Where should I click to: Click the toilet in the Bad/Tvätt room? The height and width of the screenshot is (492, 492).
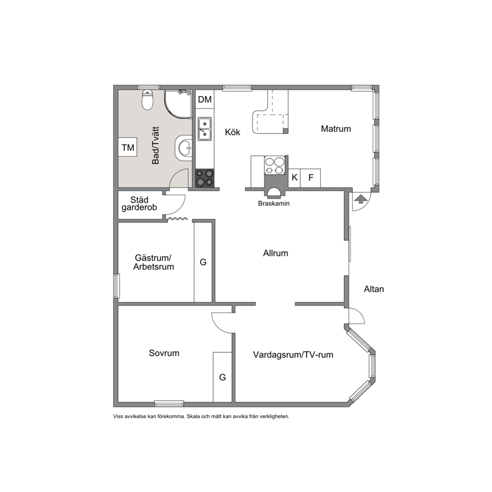tap(147, 100)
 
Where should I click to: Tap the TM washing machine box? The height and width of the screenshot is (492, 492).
tap(127, 147)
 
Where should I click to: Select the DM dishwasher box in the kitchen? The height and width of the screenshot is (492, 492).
tap(205, 100)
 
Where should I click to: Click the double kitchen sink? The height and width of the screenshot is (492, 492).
tap(204, 129)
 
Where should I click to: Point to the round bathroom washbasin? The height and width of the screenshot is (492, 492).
tap(184, 148)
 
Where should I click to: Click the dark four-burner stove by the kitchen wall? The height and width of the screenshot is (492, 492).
tap(204, 178)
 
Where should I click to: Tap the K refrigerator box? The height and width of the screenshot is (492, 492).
tap(294, 178)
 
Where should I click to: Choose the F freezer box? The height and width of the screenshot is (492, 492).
tap(310, 178)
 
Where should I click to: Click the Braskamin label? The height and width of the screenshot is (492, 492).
tap(274, 203)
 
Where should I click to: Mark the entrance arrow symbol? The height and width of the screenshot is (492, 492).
tap(361, 199)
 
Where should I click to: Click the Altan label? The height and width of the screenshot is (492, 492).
tap(373, 289)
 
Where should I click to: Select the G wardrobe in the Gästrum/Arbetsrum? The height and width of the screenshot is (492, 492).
tap(203, 262)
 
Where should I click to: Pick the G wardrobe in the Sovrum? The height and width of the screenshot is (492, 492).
tap(223, 377)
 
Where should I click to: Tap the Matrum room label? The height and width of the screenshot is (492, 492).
tap(336, 128)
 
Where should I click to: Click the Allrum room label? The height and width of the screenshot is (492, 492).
tap(275, 253)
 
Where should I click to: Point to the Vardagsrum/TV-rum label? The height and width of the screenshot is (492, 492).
tap(293, 355)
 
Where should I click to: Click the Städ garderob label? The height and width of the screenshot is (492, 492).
tap(139, 204)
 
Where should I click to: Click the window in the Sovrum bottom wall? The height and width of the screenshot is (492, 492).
tap(169, 404)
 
